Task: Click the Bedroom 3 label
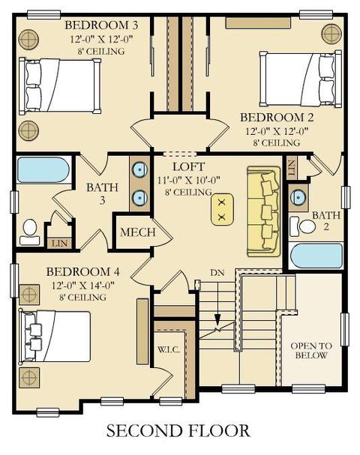[101, 25]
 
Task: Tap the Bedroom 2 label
[277, 118]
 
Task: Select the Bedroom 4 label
[82, 272]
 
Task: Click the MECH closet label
[137, 232]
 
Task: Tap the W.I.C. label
[169, 349]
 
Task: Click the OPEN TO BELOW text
[311, 351]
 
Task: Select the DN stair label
[217, 273]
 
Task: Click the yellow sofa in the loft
[264, 211]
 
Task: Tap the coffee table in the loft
[223, 209]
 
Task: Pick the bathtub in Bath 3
[43, 170]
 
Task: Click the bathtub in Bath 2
[316, 256]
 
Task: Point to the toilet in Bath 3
[29, 232]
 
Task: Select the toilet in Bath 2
[303, 226]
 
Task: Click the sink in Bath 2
[298, 197]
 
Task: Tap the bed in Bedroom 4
[55, 337]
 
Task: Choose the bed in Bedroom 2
[300, 79]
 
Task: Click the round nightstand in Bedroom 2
[331, 34]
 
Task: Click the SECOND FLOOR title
[178, 430]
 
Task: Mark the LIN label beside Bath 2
[292, 168]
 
